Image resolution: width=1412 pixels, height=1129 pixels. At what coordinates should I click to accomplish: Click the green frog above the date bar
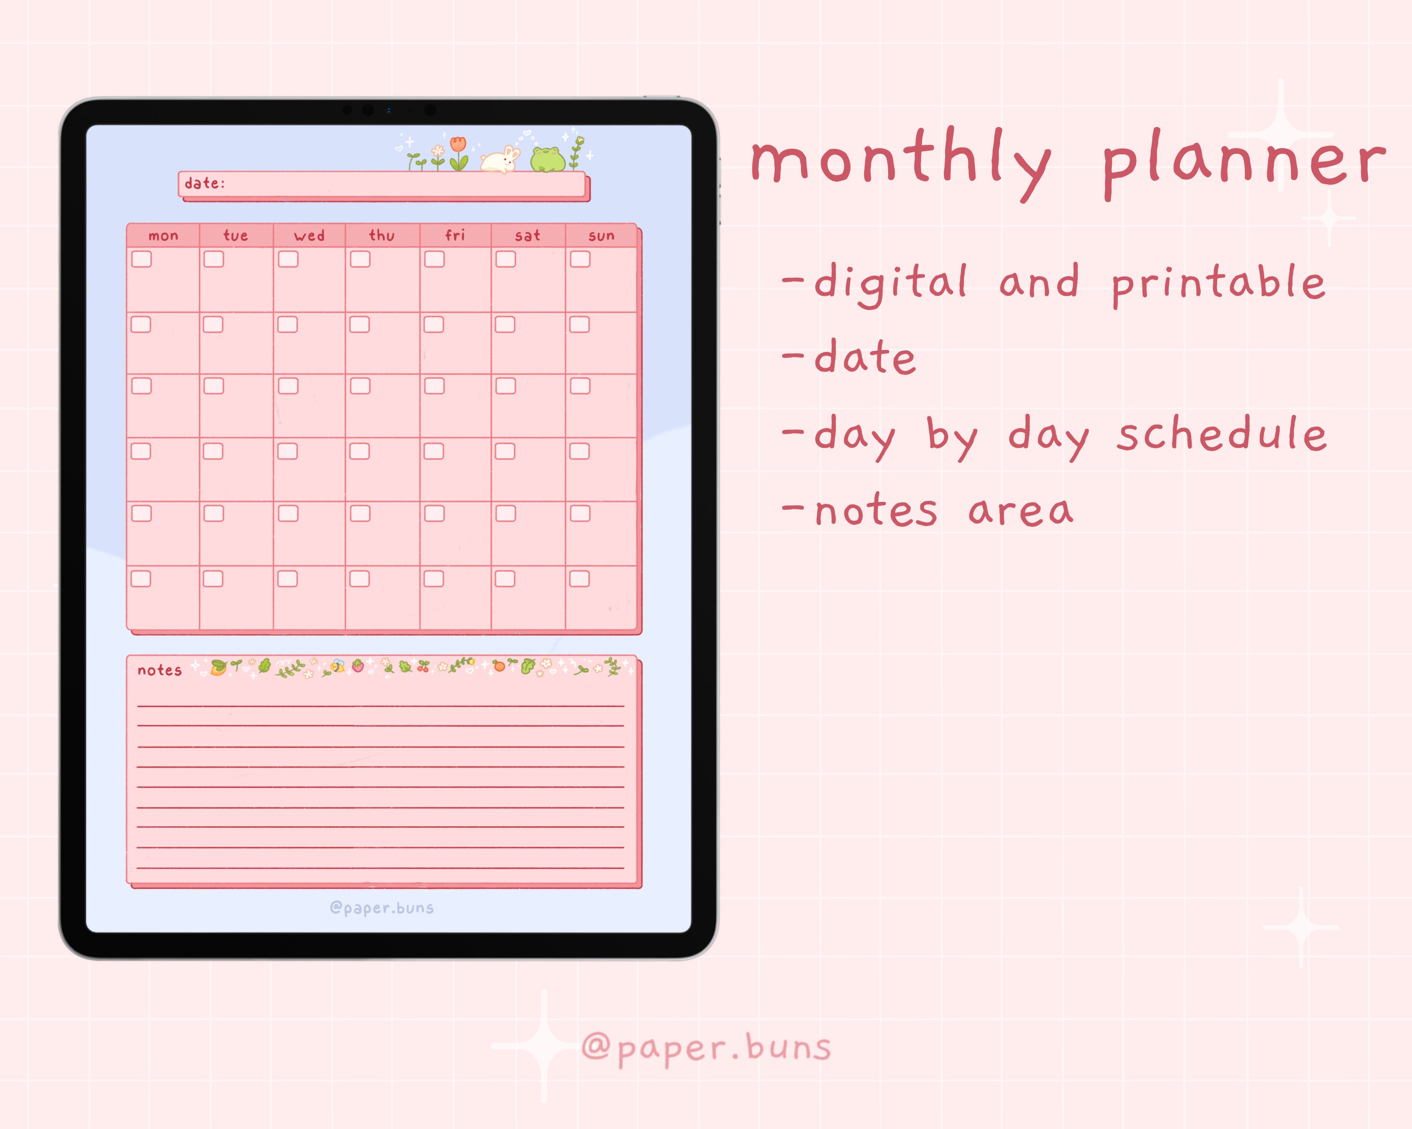pyautogui.click(x=547, y=159)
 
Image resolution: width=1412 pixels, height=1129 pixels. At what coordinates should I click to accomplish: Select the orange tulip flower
pyautogui.click(x=458, y=152)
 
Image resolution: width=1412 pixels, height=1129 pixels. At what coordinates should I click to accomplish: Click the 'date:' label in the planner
pyautogui.click(x=204, y=183)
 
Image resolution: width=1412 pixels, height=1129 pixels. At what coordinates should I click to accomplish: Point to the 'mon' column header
pyautogui.click(x=163, y=236)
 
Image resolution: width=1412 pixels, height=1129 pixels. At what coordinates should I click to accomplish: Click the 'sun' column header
pyautogui.click(x=601, y=236)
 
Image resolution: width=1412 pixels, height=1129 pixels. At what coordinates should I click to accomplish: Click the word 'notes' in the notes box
pyautogui.click(x=159, y=670)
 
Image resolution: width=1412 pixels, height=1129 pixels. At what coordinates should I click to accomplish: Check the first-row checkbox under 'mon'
pyautogui.click(x=142, y=259)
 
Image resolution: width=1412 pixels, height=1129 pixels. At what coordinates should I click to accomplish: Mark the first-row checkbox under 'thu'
pyautogui.click(x=360, y=259)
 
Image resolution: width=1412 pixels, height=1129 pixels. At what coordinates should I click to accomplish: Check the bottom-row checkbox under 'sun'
pyautogui.click(x=579, y=579)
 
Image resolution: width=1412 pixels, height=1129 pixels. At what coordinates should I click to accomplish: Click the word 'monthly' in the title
pyautogui.click(x=900, y=160)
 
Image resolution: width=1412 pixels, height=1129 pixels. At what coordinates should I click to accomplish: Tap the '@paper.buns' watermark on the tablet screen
pyautogui.click(x=382, y=908)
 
